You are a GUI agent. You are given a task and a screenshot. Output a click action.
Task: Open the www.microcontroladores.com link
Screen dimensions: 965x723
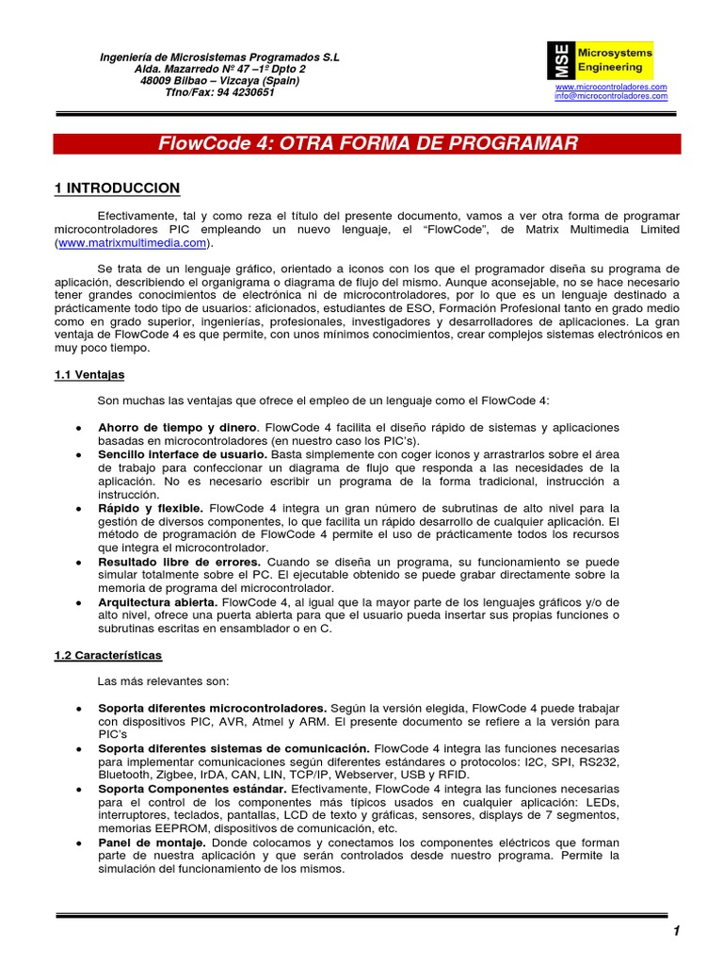click(x=611, y=87)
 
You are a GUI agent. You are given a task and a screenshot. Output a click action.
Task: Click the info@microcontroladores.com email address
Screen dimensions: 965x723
click(x=611, y=96)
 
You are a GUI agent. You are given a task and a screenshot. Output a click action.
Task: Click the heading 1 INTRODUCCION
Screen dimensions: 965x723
click(x=117, y=188)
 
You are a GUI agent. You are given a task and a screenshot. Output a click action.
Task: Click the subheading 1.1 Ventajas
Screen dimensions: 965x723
click(x=89, y=374)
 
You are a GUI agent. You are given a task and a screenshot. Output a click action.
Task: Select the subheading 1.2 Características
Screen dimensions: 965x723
click(x=108, y=654)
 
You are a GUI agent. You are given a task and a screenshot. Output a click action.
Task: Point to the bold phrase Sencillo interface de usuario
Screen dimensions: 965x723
click(x=183, y=454)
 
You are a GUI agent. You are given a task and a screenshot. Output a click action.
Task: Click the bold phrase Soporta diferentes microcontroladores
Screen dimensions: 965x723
click(x=212, y=707)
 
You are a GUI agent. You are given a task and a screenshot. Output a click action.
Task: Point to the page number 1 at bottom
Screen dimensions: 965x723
click(x=676, y=931)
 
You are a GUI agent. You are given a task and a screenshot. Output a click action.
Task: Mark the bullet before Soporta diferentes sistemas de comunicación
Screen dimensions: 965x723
click(x=75, y=747)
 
